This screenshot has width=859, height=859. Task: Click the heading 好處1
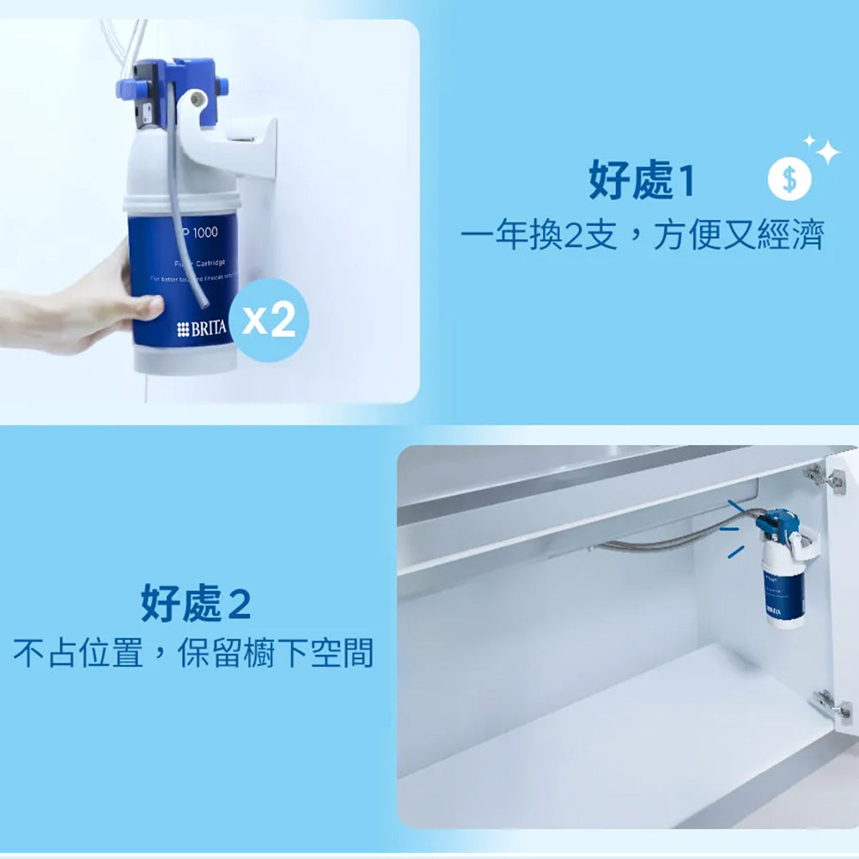click(x=640, y=182)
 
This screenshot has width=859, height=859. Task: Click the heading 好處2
click(x=196, y=606)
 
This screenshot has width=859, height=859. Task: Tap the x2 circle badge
click(x=268, y=320)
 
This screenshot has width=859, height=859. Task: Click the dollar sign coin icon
click(x=789, y=180)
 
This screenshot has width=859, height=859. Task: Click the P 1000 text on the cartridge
click(x=199, y=233)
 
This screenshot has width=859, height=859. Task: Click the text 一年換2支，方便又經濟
click(x=642, y=235)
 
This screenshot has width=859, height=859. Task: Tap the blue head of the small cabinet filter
click(x=778, y=521)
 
